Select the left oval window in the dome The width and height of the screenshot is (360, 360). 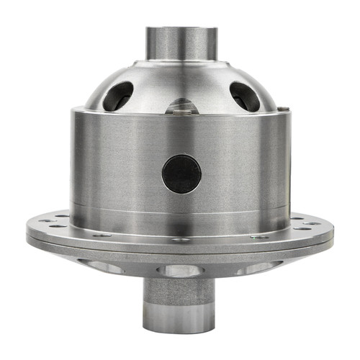tap(117, 95)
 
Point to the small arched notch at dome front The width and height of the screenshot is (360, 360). tap(181, 106)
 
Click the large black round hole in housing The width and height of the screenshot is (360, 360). tap(181, 174)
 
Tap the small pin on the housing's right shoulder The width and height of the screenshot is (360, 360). tap(287, 109)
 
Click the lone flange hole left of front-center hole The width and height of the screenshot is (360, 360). tap(102, 235)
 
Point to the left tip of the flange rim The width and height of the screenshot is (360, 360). tap(27, 234)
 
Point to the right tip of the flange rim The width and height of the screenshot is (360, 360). tap(333, 234)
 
